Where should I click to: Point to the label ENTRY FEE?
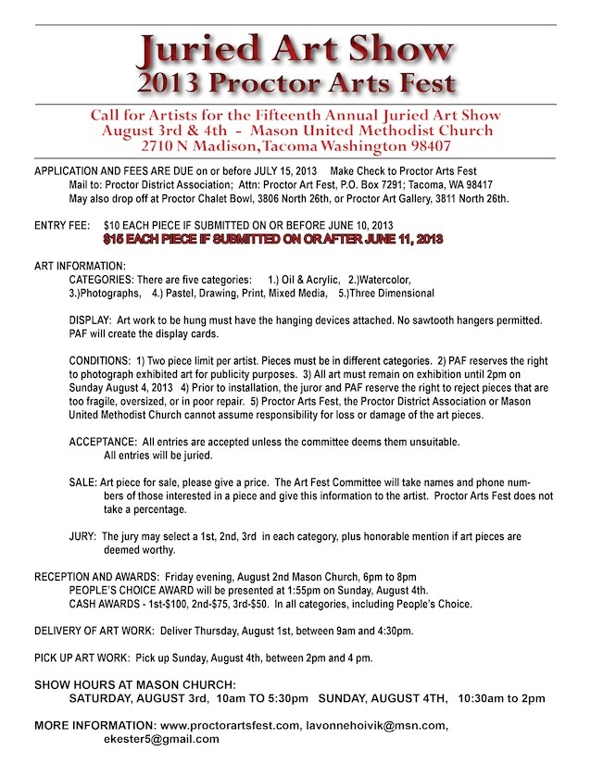click(x=62, y=225)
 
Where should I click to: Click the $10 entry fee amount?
click(x=115, y=225)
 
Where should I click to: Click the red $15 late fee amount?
click(x=114, y=239)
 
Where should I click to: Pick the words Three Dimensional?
click(x=388, y=294)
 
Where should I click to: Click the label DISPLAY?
click(x=90, y=320)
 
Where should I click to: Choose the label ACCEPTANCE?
click(x=103, y=442)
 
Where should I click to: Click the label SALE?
click(x=82, y=482)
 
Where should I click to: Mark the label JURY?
click(x=82, y=536)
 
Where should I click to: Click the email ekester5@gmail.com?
click(x=161, y=739)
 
